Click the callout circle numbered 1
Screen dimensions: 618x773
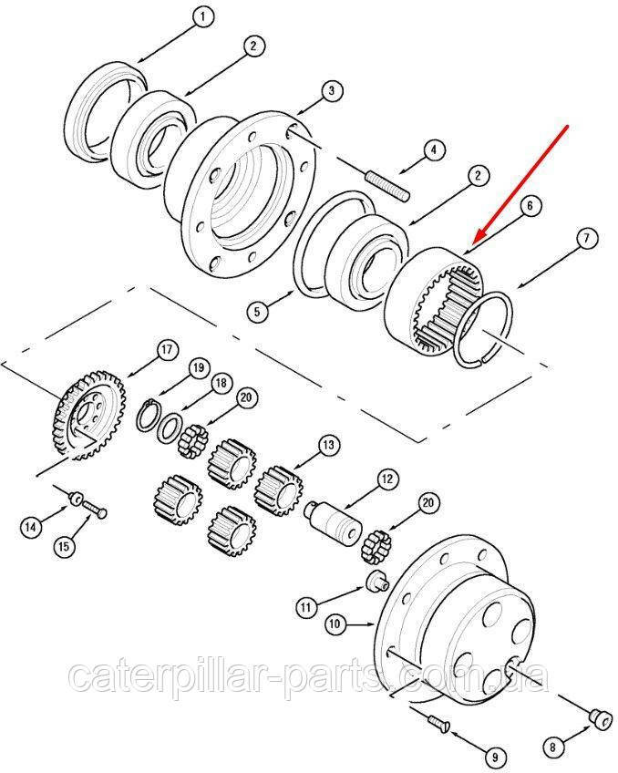(202, 16)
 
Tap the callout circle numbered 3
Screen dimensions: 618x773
(331, 91)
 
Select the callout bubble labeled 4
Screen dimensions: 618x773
(434, 149)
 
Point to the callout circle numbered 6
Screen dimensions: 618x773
(530, 205)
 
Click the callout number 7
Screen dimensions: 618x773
(585, 239)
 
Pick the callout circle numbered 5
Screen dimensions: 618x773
(257, 312)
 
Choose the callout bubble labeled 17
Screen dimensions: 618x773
(168, 350)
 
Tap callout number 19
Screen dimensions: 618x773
(198, 367)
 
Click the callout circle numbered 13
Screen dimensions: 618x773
(328, 445)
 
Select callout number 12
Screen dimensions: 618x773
(388, 479)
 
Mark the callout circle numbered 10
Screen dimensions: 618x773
(335, 624)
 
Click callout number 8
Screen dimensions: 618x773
(552, 747)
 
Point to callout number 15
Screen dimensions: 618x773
(65, 546)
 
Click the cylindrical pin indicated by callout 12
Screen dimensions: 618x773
(335, 522)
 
